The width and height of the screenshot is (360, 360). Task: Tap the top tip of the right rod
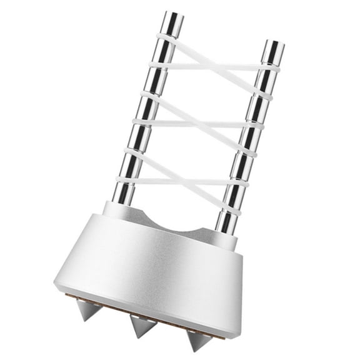[273, 45]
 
